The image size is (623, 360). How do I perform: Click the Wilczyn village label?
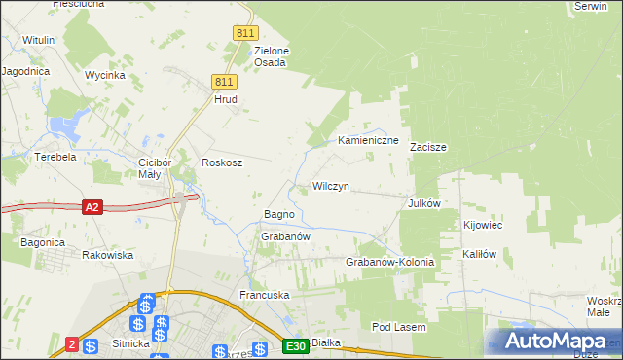[330, 186]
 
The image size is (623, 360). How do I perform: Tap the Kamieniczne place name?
[369, 141]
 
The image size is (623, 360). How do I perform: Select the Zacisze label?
[427, 148]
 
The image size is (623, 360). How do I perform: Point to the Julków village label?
[424, 203]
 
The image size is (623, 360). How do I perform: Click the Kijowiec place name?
[483, 225]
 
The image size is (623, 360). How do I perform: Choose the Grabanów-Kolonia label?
[389, 263]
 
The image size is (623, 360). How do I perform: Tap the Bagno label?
[280, 214]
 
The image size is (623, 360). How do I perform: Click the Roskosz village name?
[221, 163]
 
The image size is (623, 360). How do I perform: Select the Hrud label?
[226, 99]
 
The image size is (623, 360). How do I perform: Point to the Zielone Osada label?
[271, 56]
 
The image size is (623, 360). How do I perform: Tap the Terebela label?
[55, 157]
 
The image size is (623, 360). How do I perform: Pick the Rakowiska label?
[107, 255]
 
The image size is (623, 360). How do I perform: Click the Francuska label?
[266, 294]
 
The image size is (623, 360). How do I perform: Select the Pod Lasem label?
[399, 328]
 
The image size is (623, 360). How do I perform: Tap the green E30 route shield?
[296, 346]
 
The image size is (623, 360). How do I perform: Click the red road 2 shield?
[72, 343]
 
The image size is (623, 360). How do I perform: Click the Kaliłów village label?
[480, 254]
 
